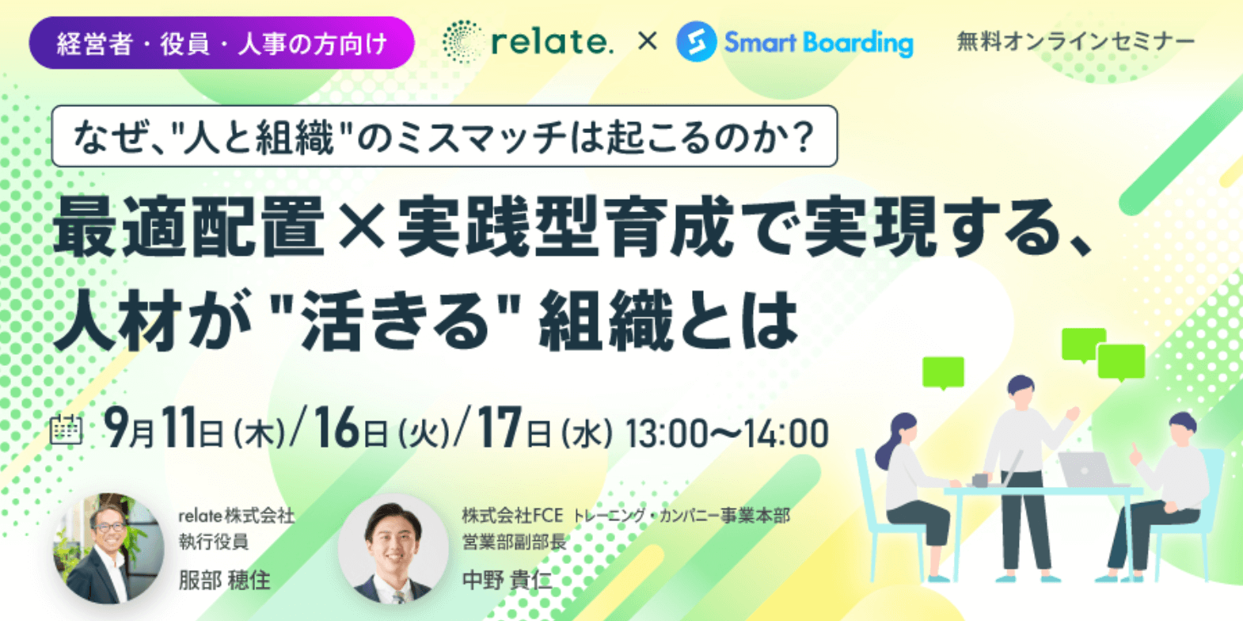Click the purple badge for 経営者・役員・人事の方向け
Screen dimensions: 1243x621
[x=222, y=43]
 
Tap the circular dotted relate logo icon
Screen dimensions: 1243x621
[x=462, y=41]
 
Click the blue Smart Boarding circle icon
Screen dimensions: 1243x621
[x=696, y=42]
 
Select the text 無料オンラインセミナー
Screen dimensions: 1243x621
[x=1075, y=42]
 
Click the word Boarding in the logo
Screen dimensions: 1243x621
[x=857, y=43]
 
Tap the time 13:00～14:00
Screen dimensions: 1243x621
[x=728, y=433]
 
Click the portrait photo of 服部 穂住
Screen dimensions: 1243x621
[x=108, y=548]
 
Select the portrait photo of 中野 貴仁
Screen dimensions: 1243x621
[x=393, y=548]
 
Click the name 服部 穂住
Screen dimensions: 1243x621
[x=224, y=580]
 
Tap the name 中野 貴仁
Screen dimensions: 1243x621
[x=507, y=580]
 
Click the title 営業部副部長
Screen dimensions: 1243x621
[x=514, y=542]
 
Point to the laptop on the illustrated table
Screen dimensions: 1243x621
[x=1086, y=470]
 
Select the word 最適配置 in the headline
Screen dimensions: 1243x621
[x=188, y=227]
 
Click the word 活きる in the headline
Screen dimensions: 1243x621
[x=396, y=322]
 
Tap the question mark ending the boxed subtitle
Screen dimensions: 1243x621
[x=801, y=136]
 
